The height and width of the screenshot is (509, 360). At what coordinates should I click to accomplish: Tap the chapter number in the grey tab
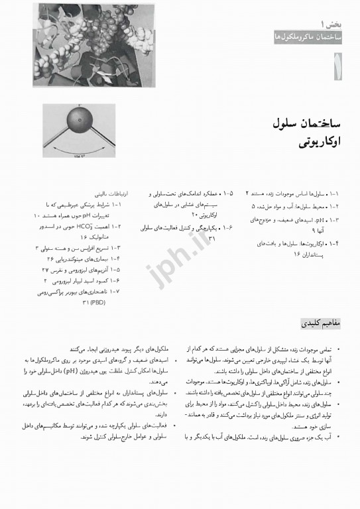pos(338,66)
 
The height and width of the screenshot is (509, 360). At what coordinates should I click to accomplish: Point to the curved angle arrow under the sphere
pos(80,149)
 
